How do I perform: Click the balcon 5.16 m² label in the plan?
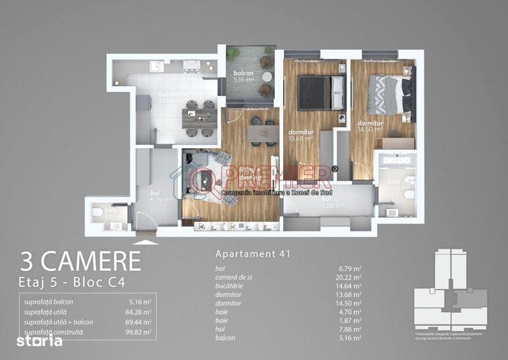click(x=243, y=77)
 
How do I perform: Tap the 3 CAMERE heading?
click(x=81, y=262)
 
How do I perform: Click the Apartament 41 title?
click(x=253, y=254)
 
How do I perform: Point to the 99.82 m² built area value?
click(x=139, y=332)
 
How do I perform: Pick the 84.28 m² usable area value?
click(x=139, y=312)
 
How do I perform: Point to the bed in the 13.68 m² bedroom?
click(x=322, y=92)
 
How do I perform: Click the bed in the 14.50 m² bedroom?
click(x=390, y=95)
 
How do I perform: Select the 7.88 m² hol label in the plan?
click(x=332, y=203)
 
